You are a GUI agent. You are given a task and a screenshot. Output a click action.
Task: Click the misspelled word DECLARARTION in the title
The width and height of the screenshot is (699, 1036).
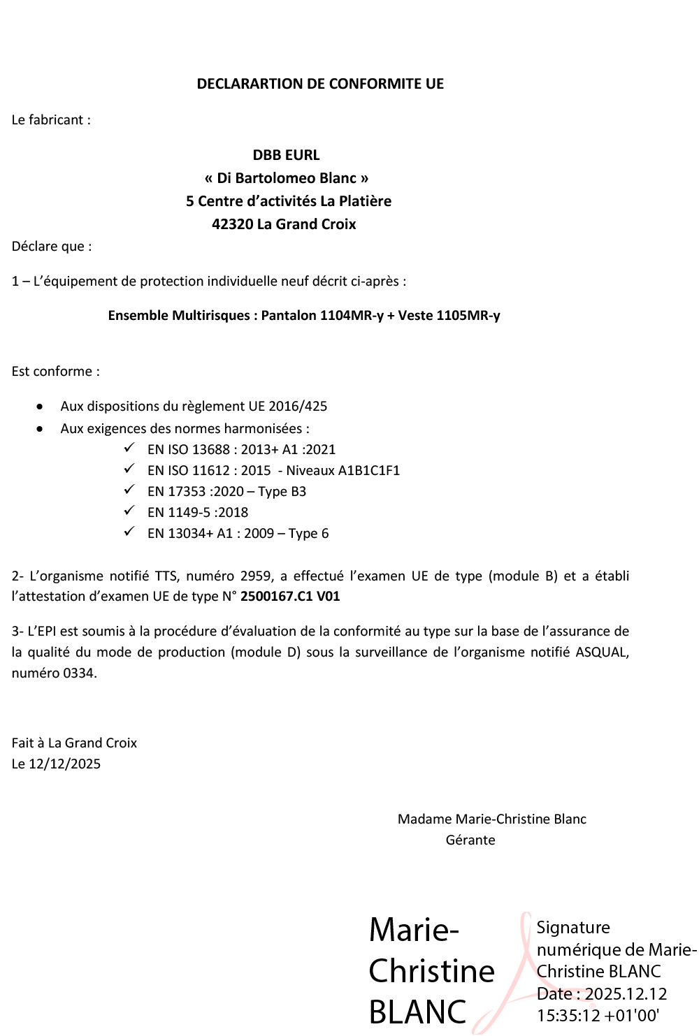click(x=252, y=84)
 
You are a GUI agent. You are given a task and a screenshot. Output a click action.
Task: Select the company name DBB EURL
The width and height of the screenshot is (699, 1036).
click(x=286, y=155)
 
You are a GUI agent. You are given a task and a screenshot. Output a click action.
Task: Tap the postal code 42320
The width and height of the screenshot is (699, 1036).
click(x=233, y=224)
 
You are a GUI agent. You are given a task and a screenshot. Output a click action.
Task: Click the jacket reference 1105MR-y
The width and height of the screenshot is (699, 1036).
click(x=468, y=316)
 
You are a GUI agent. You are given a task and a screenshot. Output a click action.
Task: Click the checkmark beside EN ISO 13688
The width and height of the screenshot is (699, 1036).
click(x=129, y=448)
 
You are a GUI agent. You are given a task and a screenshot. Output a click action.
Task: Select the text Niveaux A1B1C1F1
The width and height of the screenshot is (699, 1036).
click(x=343, y=471)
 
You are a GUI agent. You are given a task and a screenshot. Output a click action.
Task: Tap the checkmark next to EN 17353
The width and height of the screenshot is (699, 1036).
click(x=129, y=490)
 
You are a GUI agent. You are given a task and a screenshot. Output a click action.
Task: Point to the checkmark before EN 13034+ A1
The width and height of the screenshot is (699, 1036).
click(x=129, y=532)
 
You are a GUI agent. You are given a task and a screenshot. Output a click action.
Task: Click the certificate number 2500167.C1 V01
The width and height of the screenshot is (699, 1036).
click(x=290, y=597)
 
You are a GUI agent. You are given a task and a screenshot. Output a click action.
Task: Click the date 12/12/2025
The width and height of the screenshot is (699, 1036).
click(x=65, y=764)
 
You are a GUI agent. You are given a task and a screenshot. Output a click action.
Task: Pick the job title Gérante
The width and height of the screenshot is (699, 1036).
click(x=470, y=840)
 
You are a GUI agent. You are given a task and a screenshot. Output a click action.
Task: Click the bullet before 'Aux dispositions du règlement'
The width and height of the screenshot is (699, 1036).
click(x=40, y=407)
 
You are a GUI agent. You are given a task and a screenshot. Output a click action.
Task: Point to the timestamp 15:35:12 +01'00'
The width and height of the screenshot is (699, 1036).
click(x=598, y=1016)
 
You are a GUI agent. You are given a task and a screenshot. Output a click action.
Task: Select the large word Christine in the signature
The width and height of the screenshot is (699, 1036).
click(x=431, y=972)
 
